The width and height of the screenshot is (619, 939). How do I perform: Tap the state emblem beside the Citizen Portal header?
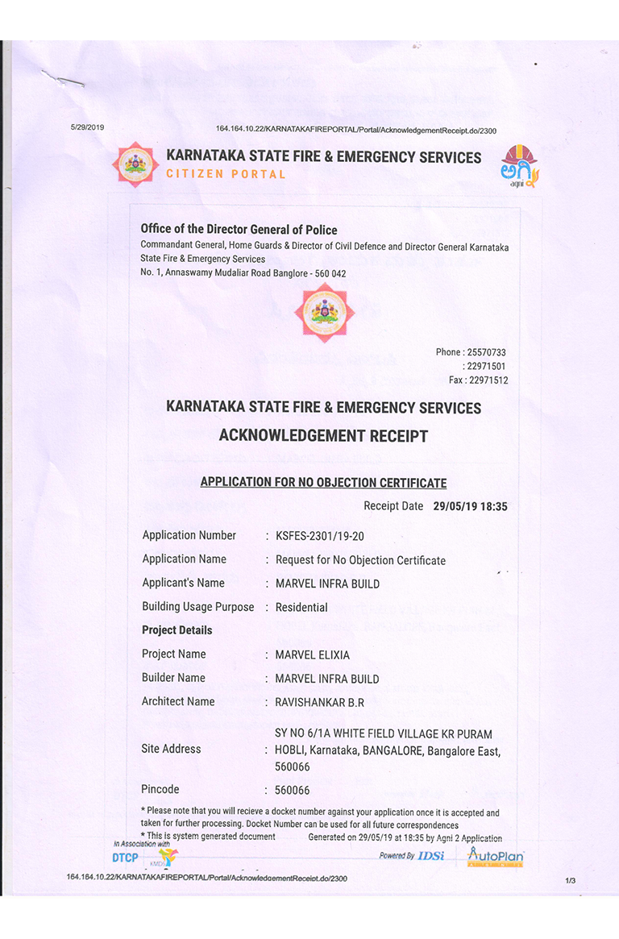135,164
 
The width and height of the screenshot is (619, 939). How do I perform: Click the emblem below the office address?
323,312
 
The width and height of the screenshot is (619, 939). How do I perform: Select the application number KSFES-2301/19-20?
326,535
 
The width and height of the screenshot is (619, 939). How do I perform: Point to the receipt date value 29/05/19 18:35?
470,507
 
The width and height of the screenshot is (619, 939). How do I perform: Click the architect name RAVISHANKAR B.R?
319,702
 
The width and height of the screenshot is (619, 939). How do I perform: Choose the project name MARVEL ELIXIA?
313,654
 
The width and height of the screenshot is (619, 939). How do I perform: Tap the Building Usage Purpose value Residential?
301,607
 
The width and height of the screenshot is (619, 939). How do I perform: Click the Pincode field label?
160,789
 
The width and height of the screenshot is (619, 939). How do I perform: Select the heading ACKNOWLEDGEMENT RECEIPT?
323,436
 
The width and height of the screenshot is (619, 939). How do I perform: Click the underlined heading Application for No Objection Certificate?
323,483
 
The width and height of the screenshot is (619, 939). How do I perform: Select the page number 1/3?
571,881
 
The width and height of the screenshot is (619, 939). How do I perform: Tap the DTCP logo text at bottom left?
125,858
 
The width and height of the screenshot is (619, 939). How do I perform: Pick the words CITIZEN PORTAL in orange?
226,174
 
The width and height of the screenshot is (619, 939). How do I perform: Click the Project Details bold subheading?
177,630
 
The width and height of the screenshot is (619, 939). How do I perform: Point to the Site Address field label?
171,749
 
